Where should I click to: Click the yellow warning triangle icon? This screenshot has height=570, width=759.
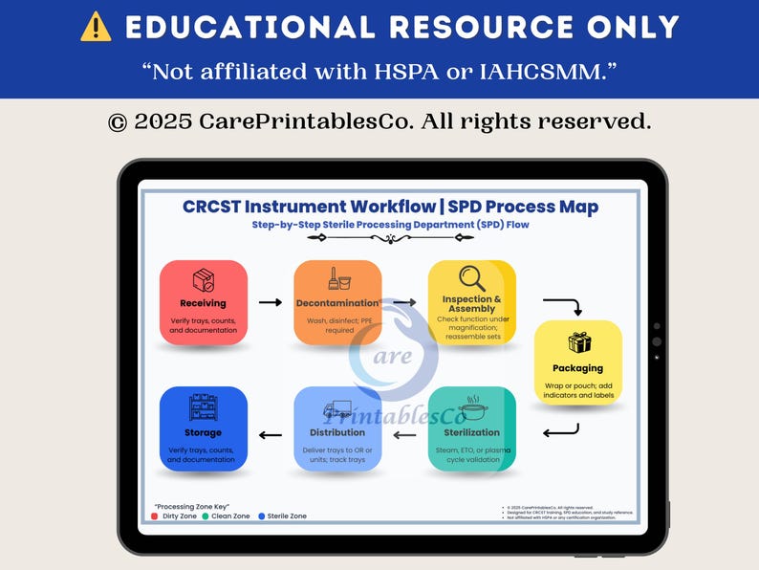(x=96, y=27)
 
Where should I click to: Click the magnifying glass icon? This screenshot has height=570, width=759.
(x=471, y=277)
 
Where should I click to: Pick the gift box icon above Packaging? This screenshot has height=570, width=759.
(x=578, y=342)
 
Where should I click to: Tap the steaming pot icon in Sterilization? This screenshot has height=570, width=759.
(x=472, y=408)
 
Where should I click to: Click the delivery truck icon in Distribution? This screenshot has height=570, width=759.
(x=336, y=409)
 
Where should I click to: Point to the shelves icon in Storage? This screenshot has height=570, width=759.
(x=203, y=407)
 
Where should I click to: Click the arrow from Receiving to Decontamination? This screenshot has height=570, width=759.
(x=271, y=302)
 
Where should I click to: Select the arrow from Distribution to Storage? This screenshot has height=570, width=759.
(x=271, y=436)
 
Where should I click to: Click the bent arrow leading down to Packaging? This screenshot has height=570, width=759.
(x=563, y=306)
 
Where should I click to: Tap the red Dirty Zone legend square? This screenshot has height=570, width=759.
(x=155, y=516)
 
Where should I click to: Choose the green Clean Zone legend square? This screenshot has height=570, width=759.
(x=206, y=516)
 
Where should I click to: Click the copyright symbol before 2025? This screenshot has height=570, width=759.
(x=118, y=122)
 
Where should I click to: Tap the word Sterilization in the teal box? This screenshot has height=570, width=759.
(x=472, y=432)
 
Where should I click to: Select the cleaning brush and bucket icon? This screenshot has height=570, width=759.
(x=336, y=278)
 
